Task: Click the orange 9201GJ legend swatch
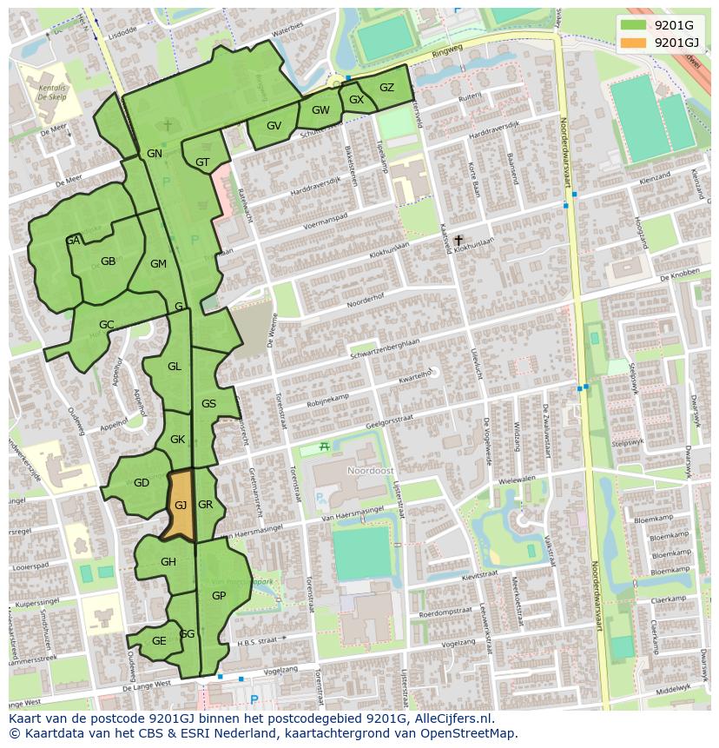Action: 634,42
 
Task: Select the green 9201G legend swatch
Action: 634,24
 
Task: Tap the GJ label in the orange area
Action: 181,505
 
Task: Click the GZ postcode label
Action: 386,87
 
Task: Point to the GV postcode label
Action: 274,126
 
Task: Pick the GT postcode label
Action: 202,162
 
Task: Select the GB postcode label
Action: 108,261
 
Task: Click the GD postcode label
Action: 142,483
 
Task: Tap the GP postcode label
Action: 219,596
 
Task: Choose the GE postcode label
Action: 159,641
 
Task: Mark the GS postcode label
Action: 208,404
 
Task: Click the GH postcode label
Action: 168,562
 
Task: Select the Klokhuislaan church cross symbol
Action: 458,240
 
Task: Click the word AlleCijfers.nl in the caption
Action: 453,719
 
